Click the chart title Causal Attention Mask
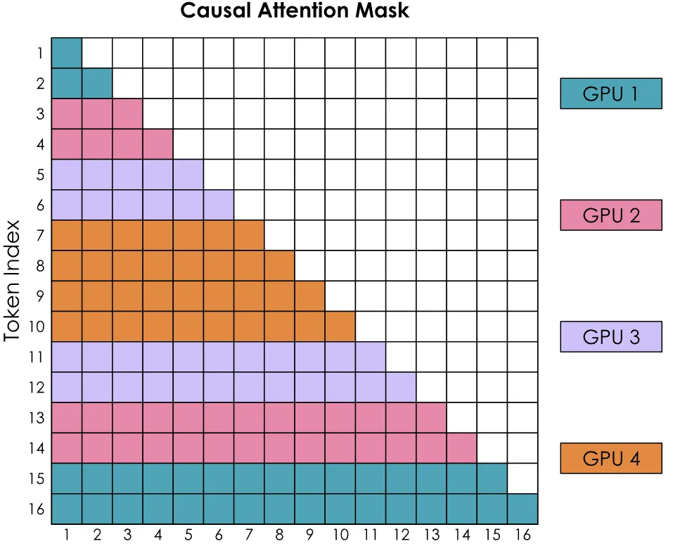tap(295, 11)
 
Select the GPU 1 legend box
tap(610, 93)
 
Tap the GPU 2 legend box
tap(610, 215)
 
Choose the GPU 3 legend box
tap(610, 336)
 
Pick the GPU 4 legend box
tap(610, 458)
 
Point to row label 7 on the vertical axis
tap(40, 235)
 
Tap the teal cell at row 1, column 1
tap(67, 53)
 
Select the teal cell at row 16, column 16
tap(523, 509)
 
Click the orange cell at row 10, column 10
tap(340, 326)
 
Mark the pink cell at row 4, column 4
tap(158, 144)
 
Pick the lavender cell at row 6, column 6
tap(219, 205)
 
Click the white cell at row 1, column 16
tap(523, 53)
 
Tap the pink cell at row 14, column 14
tap(461, 448)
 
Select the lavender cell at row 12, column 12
tap(401, 387)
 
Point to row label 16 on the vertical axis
tap(38, 509)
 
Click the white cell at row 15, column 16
tap(523, 478)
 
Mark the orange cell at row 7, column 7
tap(249, 235)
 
